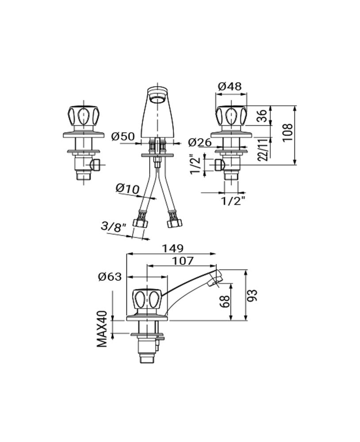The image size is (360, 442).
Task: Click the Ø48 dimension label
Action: (x=230, y=86)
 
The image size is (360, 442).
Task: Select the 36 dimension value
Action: (x=262, y=116)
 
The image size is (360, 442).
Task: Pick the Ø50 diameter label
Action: (x=123, y=137)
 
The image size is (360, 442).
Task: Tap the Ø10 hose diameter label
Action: (x=127, y=189)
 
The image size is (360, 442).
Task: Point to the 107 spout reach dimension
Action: (x=183, y=261)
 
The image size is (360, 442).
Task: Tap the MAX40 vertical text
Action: (x=103, y=329)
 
